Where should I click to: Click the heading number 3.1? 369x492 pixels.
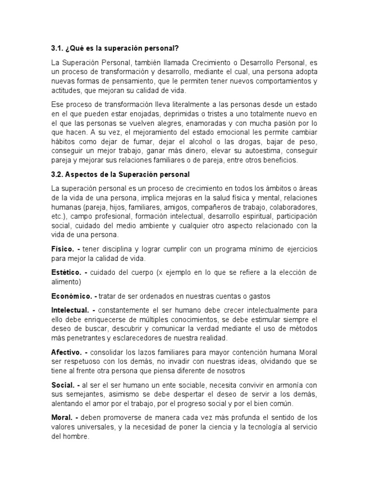(58, 49)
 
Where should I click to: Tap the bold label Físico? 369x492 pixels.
(63, 249)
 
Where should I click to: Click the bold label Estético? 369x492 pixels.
(65, 272)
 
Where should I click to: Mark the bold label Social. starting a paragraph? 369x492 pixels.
(62, 385)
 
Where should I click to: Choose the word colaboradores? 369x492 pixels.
(291, 207)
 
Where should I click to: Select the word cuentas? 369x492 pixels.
(215, 295)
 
